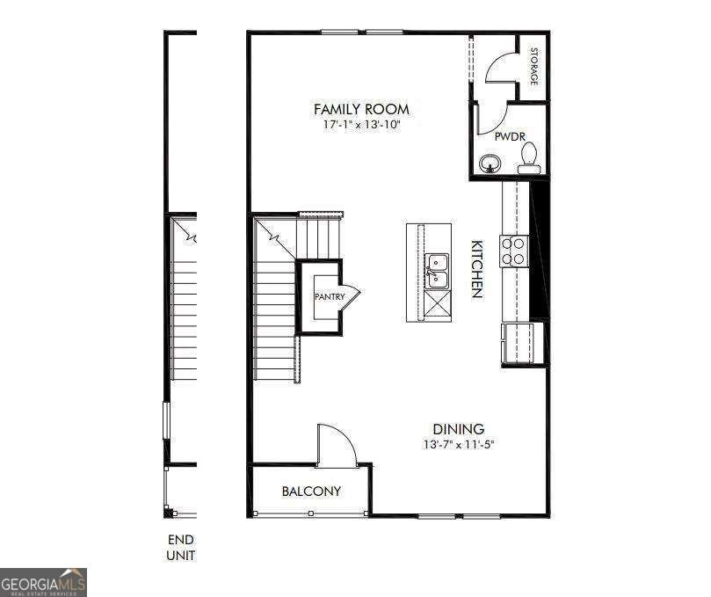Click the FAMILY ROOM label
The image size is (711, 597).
click(x=361, y=109)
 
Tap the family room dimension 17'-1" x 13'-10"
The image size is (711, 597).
click(x=361, y=125)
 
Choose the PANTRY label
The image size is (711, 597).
click(x=330, y=297)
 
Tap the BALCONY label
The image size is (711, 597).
click(x=310, y=491)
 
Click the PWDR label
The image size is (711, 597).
click(x=509, y=137)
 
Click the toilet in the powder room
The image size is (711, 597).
click(x=528, y=158)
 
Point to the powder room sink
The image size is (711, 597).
click(x=489, y=164)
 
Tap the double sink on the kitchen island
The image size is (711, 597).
click(x=437, y=271)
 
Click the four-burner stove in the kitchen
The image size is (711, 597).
click(x=513, y=251)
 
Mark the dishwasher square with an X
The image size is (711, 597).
click(x=437, y=303)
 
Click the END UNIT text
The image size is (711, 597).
click(x=180, y=547)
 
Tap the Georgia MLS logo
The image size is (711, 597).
click(x=43, y=581)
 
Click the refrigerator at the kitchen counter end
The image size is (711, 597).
click(x=522, y=343)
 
